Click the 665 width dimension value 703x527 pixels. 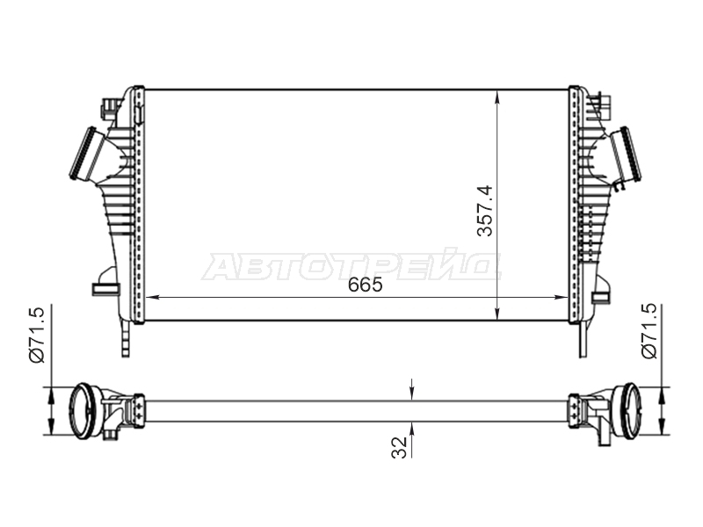pyautogui.click(x=366, y=285)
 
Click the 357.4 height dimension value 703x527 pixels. pyautogui.click(x=485, y=211)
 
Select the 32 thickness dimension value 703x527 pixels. pyautogui.click(x=399, y=447)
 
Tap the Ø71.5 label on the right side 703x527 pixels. pyautogui.click(x=649, y=331)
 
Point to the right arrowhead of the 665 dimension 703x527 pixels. pyautogui.click(x=562, y=297)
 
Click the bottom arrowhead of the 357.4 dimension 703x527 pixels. pyautogui.click(x=497, y=314)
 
